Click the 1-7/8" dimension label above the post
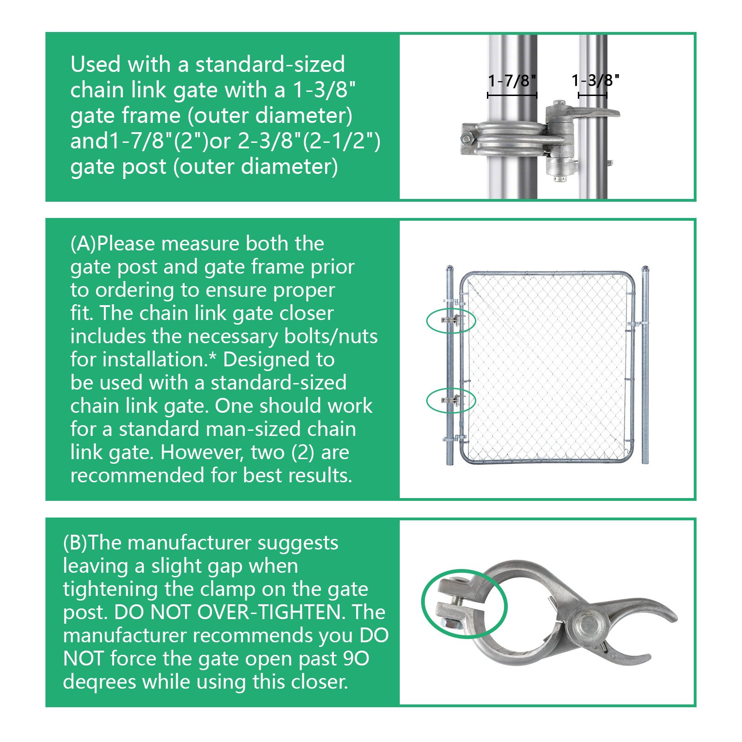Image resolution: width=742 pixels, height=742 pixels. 512,81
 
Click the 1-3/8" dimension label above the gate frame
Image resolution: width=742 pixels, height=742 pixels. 595,81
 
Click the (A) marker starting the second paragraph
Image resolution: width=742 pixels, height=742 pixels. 83,244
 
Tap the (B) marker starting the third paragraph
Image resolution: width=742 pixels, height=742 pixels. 75,543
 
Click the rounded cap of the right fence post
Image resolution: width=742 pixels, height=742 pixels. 645,269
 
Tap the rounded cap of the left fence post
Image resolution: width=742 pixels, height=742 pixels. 449,269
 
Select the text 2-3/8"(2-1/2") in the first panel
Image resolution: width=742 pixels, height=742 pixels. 309,141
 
